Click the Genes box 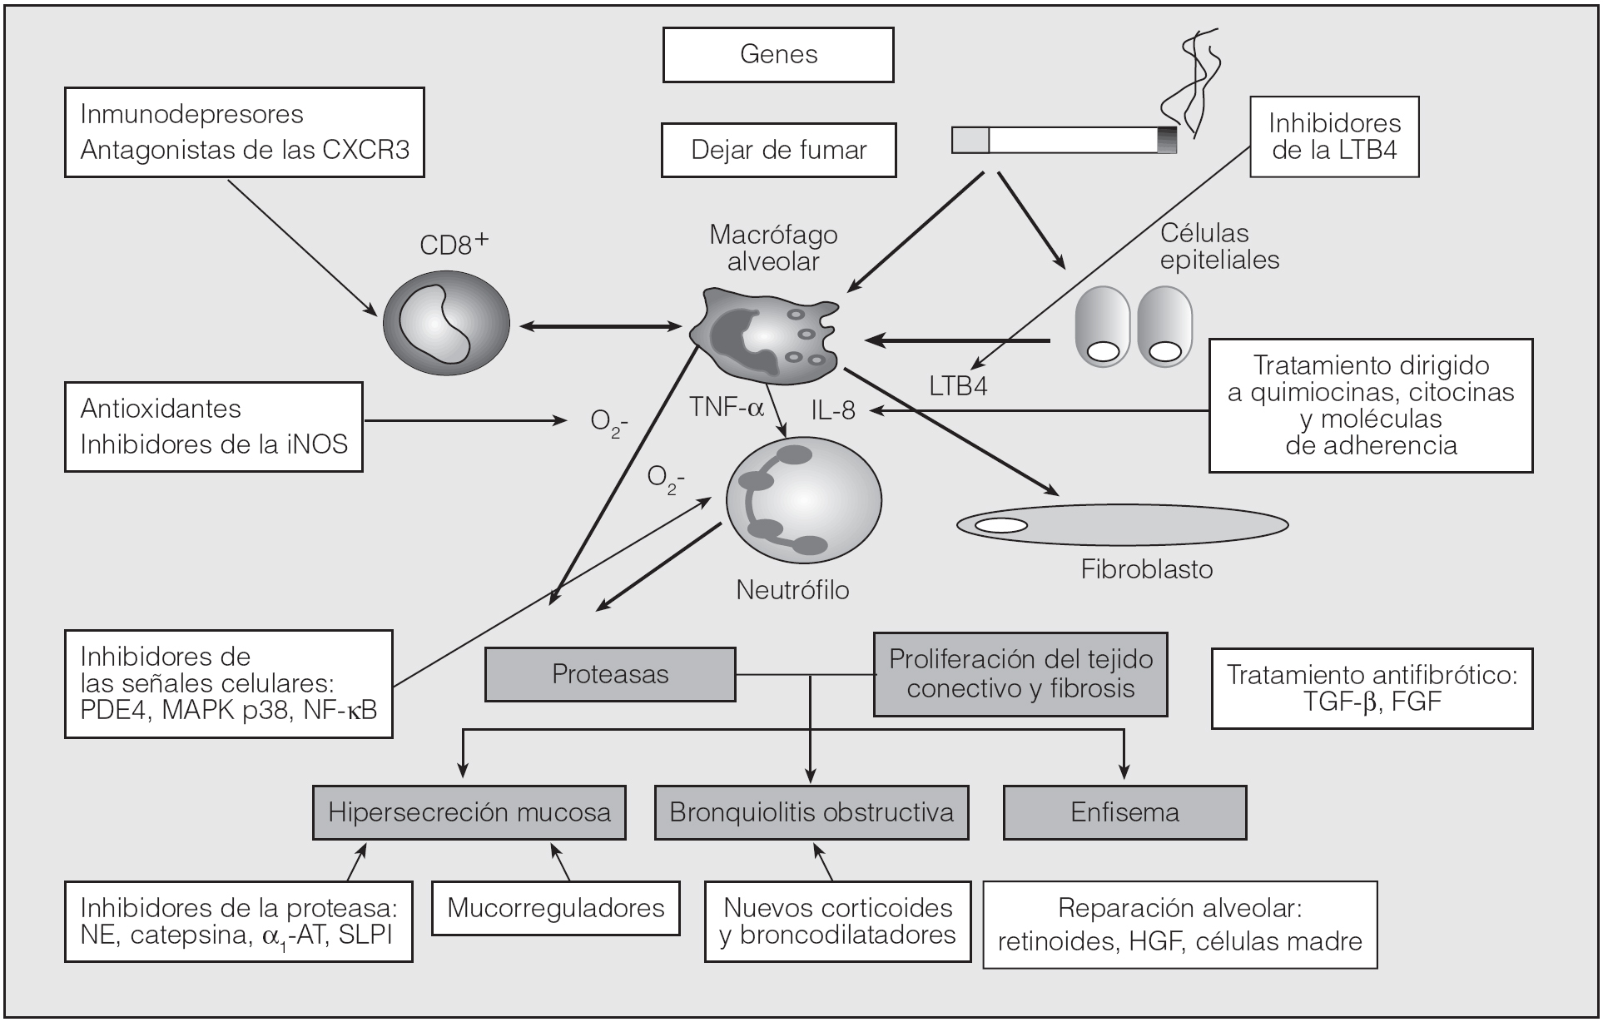click(x=778, y=55)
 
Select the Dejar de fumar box click(x=778, y=150)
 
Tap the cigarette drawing click(x=1065, y=141)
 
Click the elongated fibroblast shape click(x=1122, y=524)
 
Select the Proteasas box click(x=610, y=674)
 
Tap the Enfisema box click(x=1124, y=812)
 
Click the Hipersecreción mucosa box click(x=469, y=812)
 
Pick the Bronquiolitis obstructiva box click(x=811, y=812)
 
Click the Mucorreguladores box click(x=556, y=908)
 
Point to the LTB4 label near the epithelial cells click(x=958, y=386)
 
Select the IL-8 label click(x=833, y=409)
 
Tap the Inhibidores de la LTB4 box click(x=1334, y=136)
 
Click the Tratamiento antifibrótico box click(x=1372, y=688)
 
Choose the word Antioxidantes click(x=161, y=409)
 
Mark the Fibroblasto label click(x=1146, y=570)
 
